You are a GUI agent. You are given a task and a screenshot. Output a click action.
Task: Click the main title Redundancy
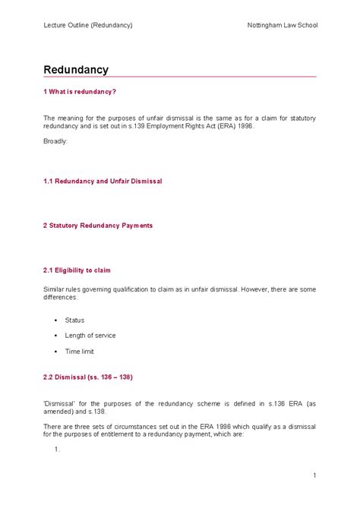[x=76, y=70]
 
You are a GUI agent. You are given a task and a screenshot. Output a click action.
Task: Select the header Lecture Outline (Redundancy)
[x=87, y=25]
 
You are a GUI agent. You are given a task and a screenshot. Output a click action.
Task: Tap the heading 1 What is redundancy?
[x=80, y=92]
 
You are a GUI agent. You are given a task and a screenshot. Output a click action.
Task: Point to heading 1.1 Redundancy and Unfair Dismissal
[x=103, y=182]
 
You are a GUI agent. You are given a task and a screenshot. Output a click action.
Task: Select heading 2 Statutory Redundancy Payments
[x=98, y=226]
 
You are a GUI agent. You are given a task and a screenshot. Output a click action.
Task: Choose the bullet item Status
[x=75, y=320]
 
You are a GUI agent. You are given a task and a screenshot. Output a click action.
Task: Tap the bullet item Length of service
[x=90, y=336]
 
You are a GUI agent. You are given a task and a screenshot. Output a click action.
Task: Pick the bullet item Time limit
[x=80, y=352]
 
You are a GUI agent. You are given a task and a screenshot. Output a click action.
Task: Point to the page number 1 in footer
[x=314, y=475]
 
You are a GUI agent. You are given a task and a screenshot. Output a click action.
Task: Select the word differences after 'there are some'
[x=60, y=298]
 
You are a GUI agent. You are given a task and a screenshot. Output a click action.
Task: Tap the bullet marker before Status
[x=56, y=320]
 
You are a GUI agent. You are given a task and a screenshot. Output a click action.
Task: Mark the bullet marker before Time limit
[x=56, y=352]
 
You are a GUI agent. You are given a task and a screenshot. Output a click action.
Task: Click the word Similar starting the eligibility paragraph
[x=55, y=289]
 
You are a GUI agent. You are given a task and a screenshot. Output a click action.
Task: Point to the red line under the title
[x=180, y=77]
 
